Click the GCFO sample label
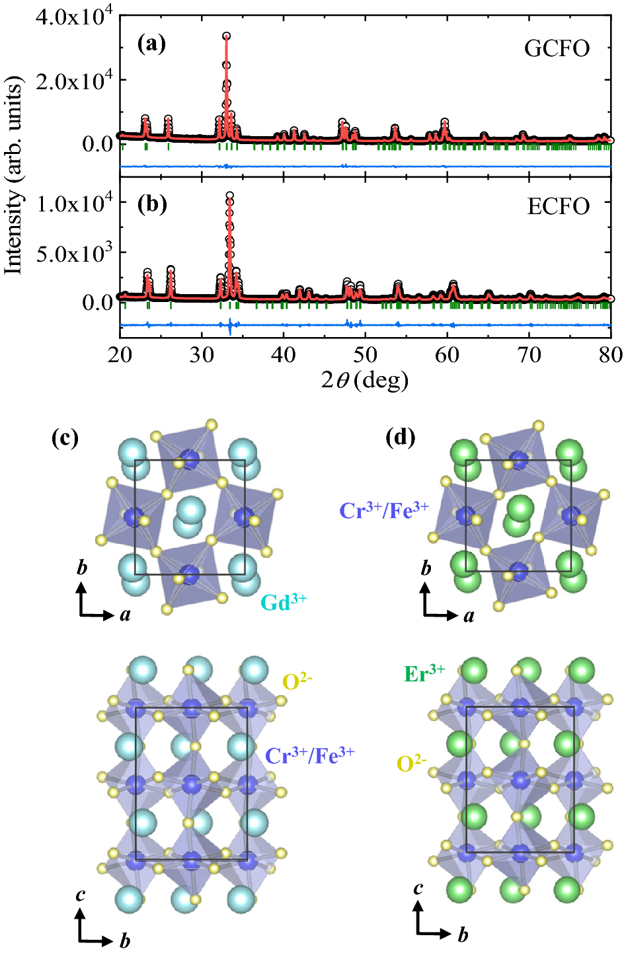[x=557, y=49]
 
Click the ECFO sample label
[x=558, y=207]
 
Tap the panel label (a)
[x=151, y=44]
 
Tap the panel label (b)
[x=151, y=204]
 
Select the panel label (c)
[x=65, y=438]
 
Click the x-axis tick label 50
[x=365, y=355]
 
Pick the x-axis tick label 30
[x=202, y=355]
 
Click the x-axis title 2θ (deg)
[x=364, y=381]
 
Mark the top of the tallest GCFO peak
[x=226, y=36]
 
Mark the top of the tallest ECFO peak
[x=229, y=196]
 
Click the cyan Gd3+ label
[x=284, y=601]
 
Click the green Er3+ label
[x=424, y=673]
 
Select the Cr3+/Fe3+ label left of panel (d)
[x=384, y=510]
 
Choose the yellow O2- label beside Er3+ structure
[x=411, y=764]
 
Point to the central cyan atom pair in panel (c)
[x=189, y=517]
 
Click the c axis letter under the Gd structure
[x=81, y=895]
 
